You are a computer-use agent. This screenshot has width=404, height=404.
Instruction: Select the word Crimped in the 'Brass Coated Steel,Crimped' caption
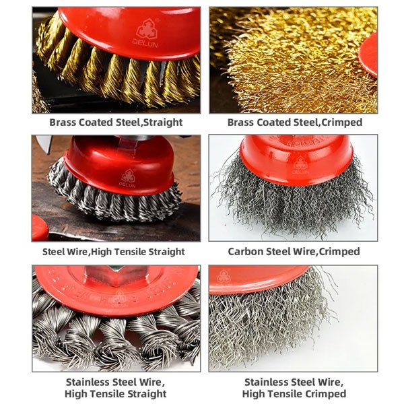(342, 122)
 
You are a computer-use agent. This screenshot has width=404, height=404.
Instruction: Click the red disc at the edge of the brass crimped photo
(369, 55)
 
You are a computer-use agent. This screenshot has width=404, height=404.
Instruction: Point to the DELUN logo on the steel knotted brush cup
(127, 178)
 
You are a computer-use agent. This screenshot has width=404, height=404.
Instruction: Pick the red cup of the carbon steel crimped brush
(296, 160)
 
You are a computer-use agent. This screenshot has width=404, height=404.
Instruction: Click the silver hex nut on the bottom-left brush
(116, 275)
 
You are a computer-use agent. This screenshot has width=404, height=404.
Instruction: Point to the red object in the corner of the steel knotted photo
(40, 228)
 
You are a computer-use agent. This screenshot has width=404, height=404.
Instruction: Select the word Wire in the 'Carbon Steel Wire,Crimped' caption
(304, 251)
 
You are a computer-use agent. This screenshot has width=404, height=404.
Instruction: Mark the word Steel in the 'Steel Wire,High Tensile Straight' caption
(53, 251)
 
